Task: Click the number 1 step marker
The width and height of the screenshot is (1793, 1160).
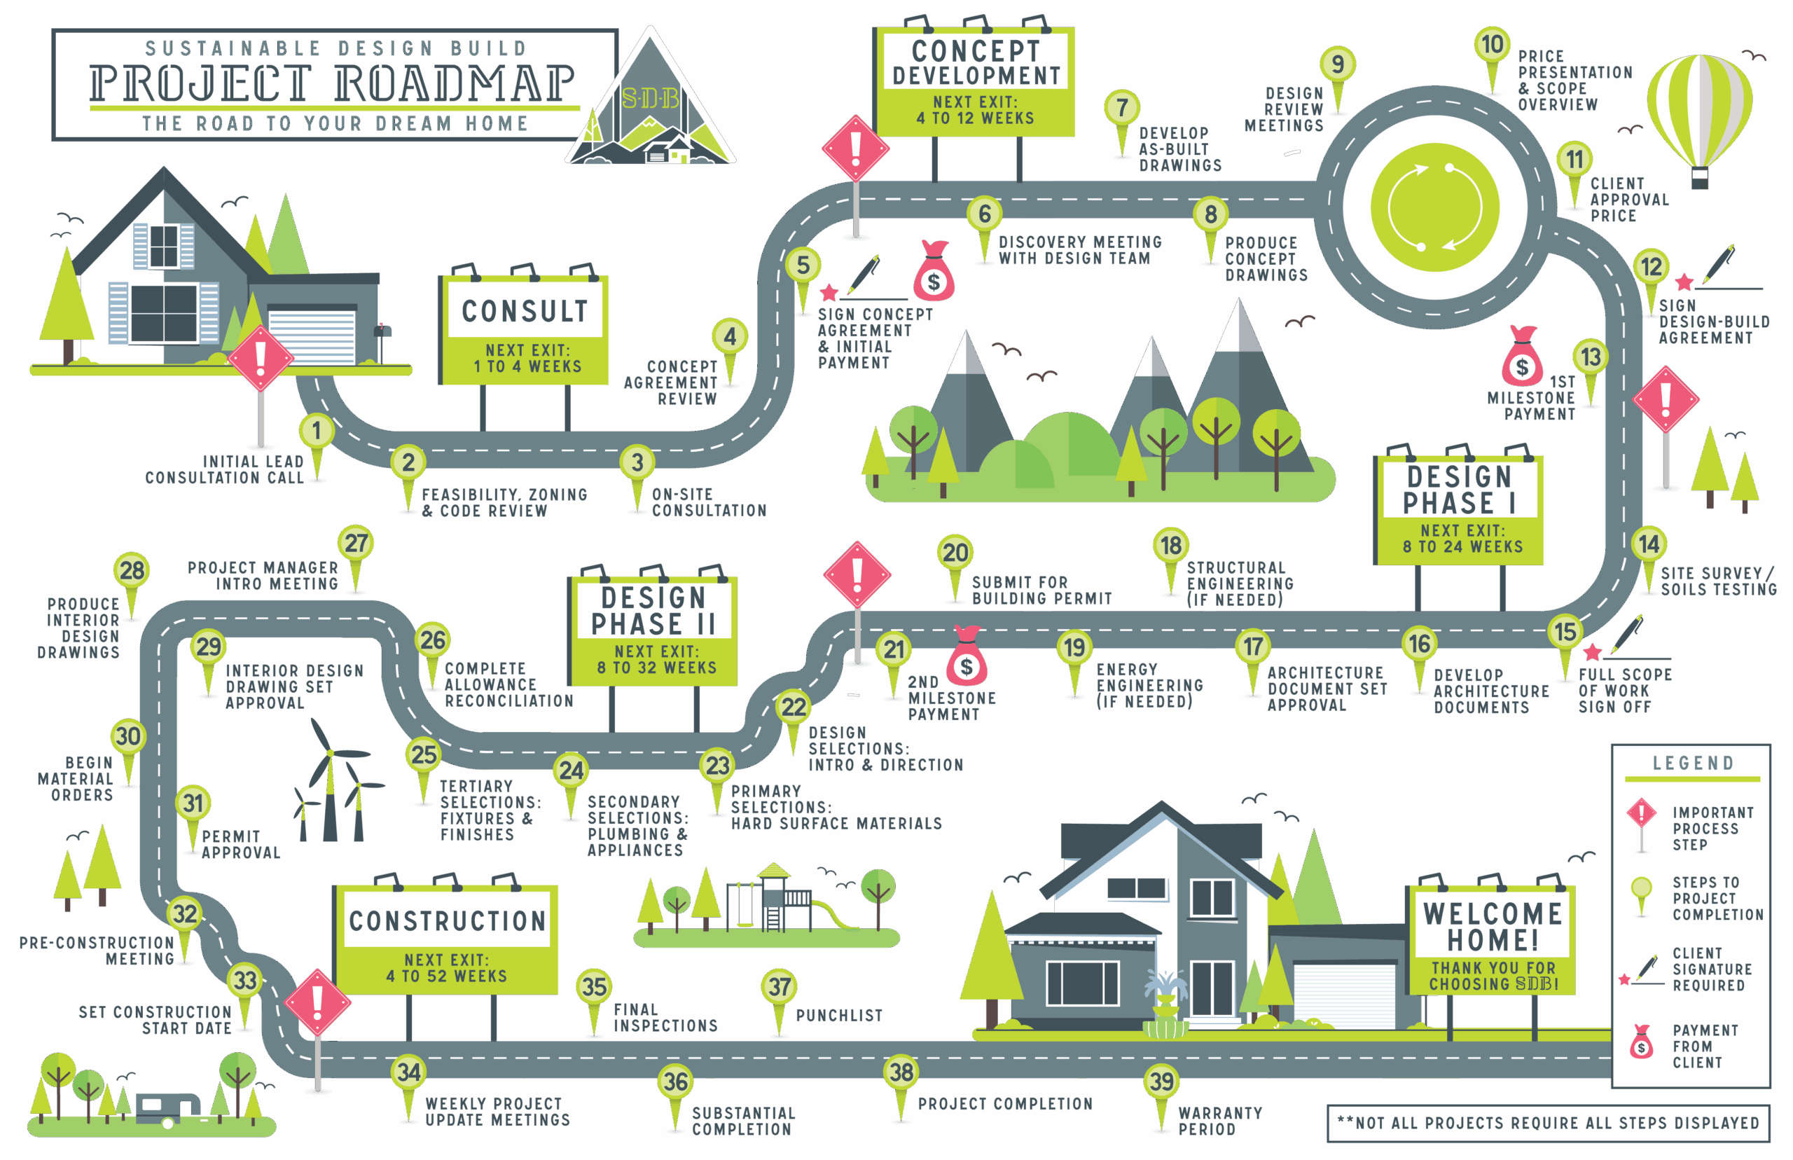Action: coord(317,431)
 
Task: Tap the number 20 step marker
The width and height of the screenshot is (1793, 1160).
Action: coord(955,553)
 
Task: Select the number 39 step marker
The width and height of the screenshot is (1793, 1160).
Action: coord(1161,1082)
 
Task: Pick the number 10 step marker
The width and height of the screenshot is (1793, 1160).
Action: coord(1492,46)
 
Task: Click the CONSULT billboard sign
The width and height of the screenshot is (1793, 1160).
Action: coord(525,330)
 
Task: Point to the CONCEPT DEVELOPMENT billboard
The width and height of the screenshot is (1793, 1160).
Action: coord(975,81)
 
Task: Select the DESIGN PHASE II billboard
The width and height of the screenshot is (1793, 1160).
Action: coord(653,630)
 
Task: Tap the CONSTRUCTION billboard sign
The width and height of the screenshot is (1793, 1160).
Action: coord(447,939)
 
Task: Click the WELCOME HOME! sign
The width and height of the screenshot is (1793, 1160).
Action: coord(1492,939)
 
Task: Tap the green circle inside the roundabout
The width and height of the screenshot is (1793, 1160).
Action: coord(1434,207)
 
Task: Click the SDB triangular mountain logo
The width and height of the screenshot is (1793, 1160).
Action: coord(651,106)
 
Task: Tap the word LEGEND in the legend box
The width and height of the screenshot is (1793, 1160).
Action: coord(1692,763)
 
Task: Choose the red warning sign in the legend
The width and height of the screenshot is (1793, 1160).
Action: coord(1641,814)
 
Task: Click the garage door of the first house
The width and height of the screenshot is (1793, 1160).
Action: coord(311,336)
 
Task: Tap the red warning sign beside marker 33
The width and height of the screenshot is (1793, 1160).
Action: coord(317,1002)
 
